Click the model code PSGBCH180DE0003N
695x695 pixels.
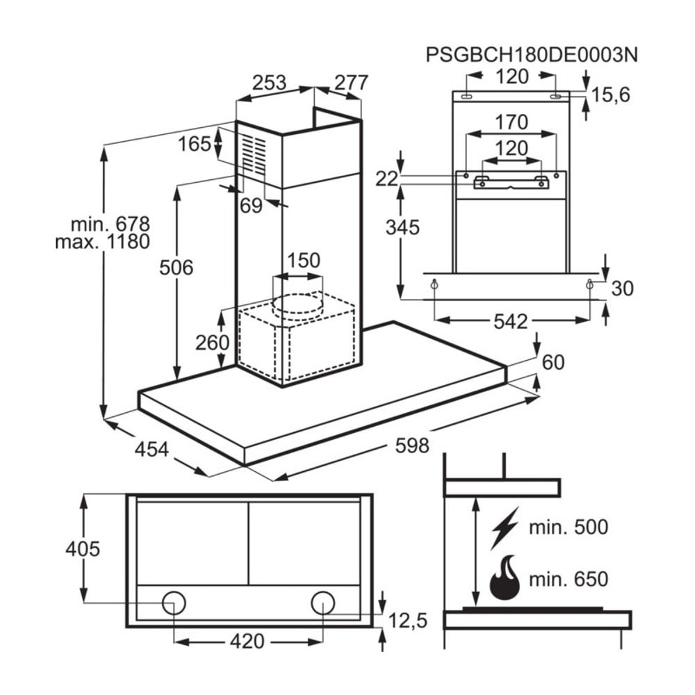[532, 55]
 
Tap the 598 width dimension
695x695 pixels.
[412, 445]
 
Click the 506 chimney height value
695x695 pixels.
[176, 267]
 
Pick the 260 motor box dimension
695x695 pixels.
[212, 343]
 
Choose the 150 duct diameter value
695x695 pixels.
[304, 261]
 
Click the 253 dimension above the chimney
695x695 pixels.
[269, 83]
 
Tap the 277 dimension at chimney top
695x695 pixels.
[350, 83]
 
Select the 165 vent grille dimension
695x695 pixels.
[194, 145]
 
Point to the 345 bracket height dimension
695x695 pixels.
[402, 227]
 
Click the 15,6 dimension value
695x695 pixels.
[611, 95]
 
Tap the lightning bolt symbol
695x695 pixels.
[505, 528]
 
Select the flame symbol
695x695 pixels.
[505, 578]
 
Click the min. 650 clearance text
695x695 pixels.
[568, 579]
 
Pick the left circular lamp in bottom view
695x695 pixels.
[174, 603]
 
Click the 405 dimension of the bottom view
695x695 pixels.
[83, 549]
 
